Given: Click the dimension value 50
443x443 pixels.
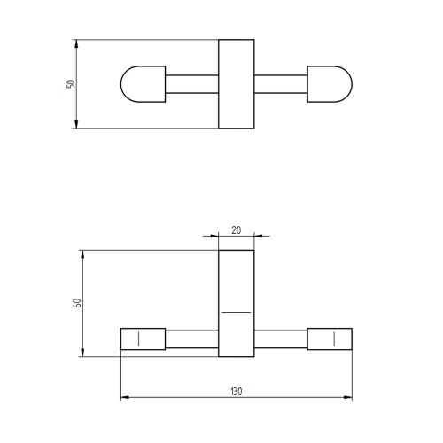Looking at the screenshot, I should [x=72, y=84].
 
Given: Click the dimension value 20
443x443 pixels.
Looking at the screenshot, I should [x=237, y=229].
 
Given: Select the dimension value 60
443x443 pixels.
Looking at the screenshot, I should [x=78, y=303].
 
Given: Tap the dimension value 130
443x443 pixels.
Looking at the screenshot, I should [x=237, y=391].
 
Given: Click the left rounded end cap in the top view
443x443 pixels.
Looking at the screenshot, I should [x=143, y=84].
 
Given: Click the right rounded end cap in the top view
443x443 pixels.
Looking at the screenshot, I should [x=330, y=84].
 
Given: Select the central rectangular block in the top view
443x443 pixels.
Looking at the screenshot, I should [x=237, y=84].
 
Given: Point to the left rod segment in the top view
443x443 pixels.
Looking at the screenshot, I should [x=192, y=84].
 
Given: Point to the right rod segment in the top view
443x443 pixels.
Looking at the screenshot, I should [x=281, y=84].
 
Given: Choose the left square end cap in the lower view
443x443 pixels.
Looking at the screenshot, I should [x=144, y=338].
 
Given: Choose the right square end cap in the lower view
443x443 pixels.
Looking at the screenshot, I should [x=330, y=338].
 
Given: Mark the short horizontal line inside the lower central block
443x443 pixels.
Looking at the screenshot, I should [x=237, y=313].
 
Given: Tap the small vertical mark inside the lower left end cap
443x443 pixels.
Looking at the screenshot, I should [x=139, y=338].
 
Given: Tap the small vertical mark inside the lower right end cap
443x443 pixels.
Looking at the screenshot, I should [x=334, y=338].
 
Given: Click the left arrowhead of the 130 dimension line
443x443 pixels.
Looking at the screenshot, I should [x=125, y=397].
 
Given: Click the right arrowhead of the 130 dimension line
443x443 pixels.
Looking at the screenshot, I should [x=348, y=397].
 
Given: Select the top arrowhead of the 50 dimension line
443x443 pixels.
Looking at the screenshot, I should [x=77, y=43].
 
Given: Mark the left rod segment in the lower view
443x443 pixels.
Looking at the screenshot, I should [x=192, y=338].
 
